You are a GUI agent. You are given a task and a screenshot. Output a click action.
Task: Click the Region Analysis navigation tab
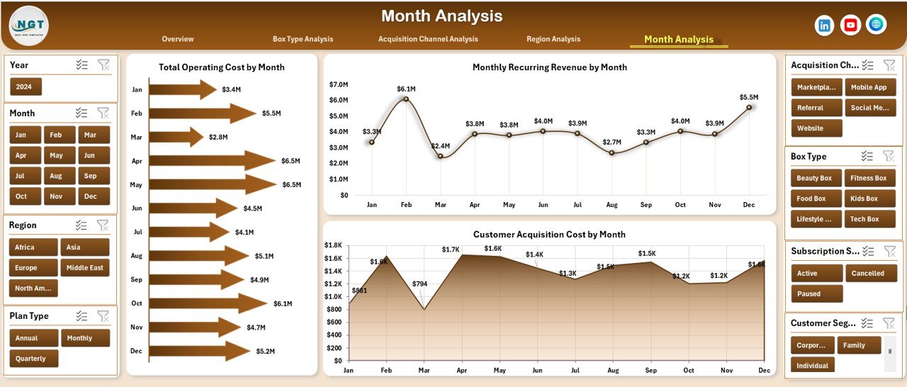(x=553, y=39)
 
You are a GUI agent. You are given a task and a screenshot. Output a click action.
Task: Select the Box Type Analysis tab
(x=303, y=39)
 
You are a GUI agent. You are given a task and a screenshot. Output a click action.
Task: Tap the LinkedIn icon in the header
(x=825, y=25)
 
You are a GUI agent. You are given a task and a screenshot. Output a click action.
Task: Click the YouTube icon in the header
(x=850, y=25)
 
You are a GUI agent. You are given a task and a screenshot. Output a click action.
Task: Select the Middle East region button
(x=85, y=268)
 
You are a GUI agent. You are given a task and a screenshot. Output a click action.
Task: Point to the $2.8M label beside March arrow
(x=218, y=137)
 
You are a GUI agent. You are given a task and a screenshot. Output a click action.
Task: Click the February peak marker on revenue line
(x=406, y=99)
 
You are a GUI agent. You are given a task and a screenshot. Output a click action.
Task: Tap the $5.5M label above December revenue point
(x=749, y=97)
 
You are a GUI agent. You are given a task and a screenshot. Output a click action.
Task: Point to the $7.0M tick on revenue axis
(x=339, y=84)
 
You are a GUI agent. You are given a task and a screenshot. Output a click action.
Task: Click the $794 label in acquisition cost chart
(x=420, y=284)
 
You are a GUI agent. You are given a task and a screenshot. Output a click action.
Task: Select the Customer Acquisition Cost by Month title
(x=549, y=235)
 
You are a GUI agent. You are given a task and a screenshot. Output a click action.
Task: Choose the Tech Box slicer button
(x=864, y=219)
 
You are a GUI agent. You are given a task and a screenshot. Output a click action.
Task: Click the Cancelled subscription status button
(x=867, y=274)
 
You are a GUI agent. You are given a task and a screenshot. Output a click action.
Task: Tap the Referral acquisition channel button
(x=816, y=108)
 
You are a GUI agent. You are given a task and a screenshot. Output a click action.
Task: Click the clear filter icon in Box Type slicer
(x=889, y=156)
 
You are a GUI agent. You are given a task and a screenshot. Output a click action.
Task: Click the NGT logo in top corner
(x=29, y=26)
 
